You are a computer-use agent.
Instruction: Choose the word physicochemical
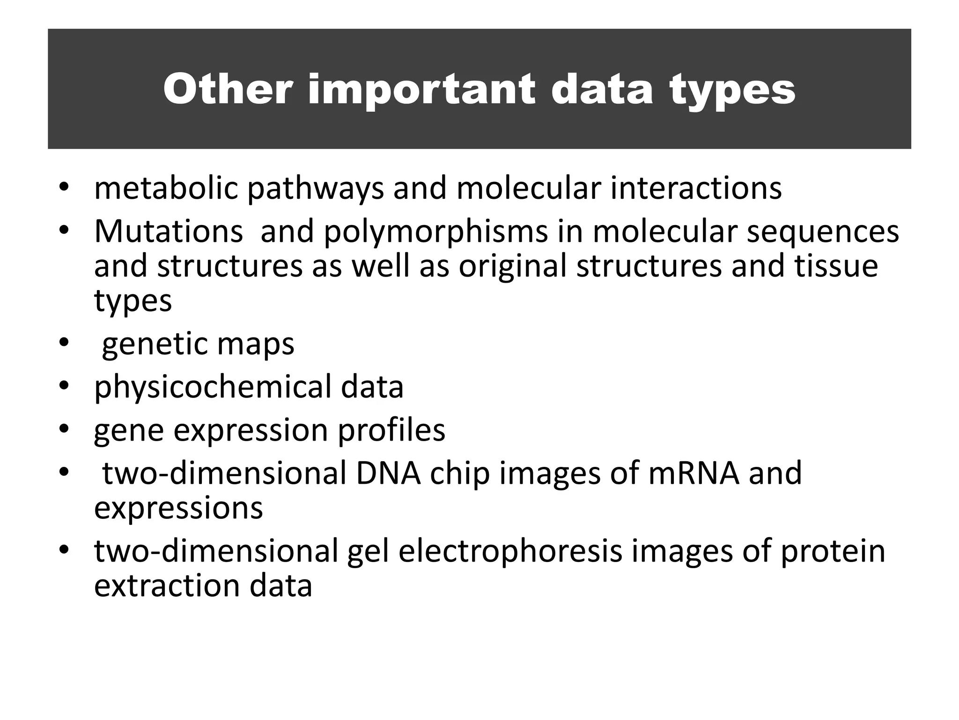pyautogui.click(x=213, y=388)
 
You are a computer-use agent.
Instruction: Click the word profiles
pyautogui.click(x=391, y=430)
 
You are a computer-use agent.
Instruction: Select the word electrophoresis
pyautogui.click(x=510, y=551)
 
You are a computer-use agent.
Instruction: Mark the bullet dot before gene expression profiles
pyautogui.click(x=64, y=429)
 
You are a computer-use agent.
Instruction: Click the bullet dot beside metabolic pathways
pyautogui.click(x=64, y=187)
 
